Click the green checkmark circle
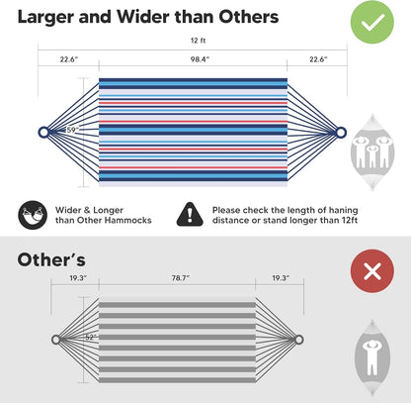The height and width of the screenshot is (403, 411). pos(371,22)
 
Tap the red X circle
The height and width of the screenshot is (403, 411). pos(372,271)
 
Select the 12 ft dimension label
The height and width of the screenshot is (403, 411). pos(198,41)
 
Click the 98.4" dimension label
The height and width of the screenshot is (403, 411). pos(200,59)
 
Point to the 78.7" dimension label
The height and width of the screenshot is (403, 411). pos(180,278)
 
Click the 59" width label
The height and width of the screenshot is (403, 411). pos(72,130)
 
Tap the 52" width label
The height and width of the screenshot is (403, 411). pos(91,338)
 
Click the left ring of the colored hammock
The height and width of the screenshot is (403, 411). pos(43,133)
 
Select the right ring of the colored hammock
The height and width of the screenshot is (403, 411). pos(341,133)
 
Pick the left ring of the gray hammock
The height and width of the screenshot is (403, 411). pos(56,340)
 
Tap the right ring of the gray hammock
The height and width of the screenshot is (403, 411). pos(298,340)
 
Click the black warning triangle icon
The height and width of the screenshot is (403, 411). pos(190,215)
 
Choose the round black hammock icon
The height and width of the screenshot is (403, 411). pos(33,215)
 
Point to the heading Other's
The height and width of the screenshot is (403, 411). pos(51,259)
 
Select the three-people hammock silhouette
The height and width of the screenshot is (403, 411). pos(372,151)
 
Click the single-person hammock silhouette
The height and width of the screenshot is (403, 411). pos(372,358)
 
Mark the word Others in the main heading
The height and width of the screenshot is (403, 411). pos(249,17)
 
